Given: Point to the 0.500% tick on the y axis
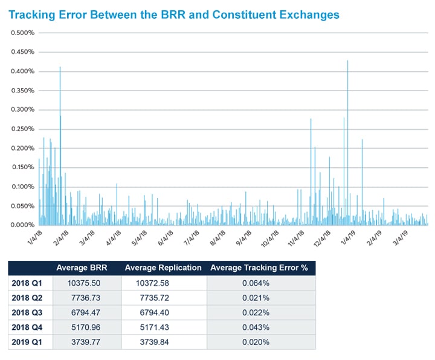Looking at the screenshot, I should point(23,33).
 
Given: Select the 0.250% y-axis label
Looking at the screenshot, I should point(23,129).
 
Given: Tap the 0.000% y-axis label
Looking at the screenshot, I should point(23,225).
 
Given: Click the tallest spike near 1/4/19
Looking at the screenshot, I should point(348,62).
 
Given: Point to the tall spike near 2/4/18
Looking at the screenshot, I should point(60,68).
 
